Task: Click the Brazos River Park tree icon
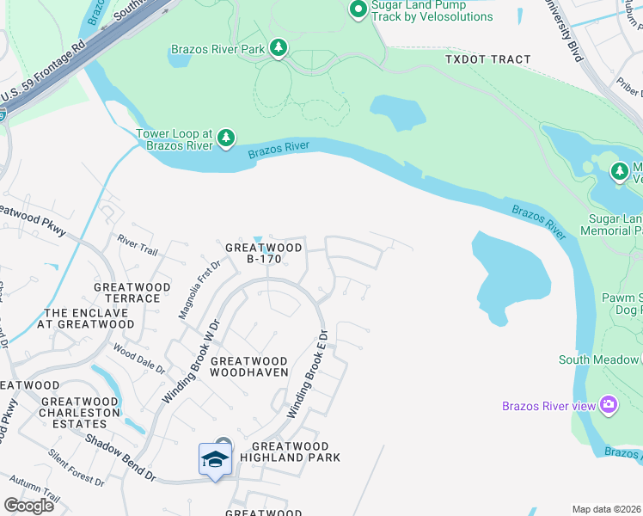click(278, 49)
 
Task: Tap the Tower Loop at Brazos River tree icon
click(225, 138)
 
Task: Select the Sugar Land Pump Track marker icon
click(358, 9)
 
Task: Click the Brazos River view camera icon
click(609, 404)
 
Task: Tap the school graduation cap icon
click(215, 458)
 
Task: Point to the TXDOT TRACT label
click(487, 59)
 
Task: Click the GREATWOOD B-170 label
click(264, 253)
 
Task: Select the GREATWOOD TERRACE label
click(127, 292)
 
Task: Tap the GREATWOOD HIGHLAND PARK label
click(290, 452)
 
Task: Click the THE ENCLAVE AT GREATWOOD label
click(89, 318)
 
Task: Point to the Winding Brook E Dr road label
click(308, 374)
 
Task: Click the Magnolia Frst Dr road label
click(188, 292)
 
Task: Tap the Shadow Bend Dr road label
click(119, 456)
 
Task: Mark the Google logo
click(28, 506)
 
